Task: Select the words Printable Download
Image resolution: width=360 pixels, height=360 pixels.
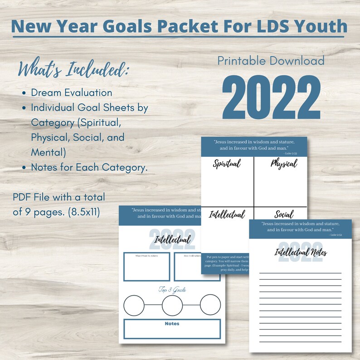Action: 271,61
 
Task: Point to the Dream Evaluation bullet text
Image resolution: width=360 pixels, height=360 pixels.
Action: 72,92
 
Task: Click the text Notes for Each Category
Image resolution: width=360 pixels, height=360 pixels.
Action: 89,167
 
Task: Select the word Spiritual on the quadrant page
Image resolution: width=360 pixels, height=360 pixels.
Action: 227,164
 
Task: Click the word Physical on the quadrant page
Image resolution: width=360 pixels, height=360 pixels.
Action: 283,163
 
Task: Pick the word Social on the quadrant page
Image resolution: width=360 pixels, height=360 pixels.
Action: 284,214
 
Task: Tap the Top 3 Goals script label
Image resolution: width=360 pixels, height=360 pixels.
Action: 172,289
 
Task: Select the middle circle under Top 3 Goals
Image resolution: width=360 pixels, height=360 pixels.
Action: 172,305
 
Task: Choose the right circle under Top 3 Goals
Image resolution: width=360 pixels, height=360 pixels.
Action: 210,305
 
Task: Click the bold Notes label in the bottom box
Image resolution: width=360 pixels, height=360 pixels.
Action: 172,324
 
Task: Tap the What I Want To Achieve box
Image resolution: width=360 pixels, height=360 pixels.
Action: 146,266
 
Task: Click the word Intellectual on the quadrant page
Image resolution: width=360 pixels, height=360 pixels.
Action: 227,214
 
